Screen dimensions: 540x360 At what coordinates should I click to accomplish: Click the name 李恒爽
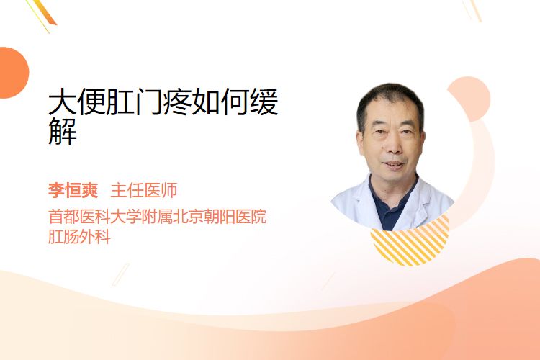coord(73,190)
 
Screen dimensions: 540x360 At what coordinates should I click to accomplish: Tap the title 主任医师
coord(144,190)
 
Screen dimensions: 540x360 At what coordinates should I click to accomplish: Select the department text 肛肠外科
coord(79,237)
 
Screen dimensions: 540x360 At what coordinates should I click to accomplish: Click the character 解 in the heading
coord(63,131)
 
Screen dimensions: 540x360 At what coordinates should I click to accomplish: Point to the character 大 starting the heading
coord(63,102)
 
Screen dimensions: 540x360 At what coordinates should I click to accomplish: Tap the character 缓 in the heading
coord(264,102)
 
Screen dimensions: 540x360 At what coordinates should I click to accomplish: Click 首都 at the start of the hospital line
coord(63,217)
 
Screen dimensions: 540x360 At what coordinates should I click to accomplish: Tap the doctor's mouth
coord(393,164)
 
